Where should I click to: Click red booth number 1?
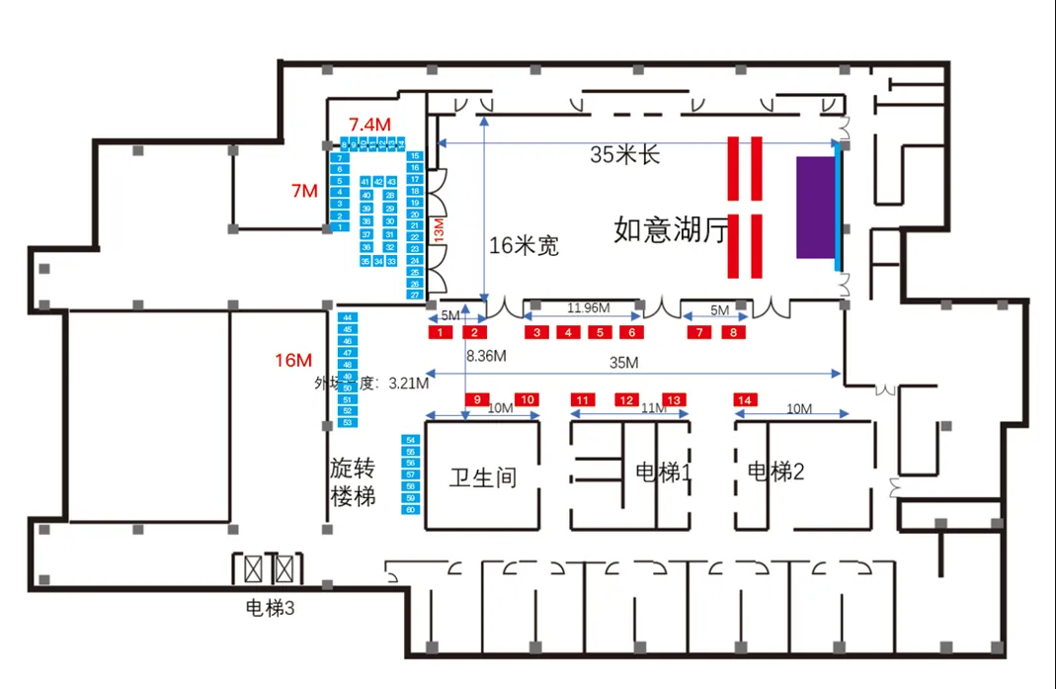pyautogui.click(x=437, y=333)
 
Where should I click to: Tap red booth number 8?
pyautogui.click(x=733, y=333)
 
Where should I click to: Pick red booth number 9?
pyautogui.click(x=477, y=399)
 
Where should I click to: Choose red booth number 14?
pyautogui.click(x=745, y=399)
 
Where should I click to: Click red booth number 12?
pyautogui.click(x=627, y=399)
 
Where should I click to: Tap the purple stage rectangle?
pyautogui.click(x=815, y=207)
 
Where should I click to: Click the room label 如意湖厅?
pyautogui.click(x=671, y=230)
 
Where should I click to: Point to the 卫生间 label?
pyautogui.click(x=483, y=477)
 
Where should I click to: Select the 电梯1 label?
pyautogui.click(x=663, y=473)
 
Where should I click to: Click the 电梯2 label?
pyautogui.click(x=775, y=473)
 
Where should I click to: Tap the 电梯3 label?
pyautogui.click(x=270, y=610)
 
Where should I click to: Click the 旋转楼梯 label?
pyautogui.click(x=353, y=481)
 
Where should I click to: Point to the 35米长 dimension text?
pyautogui.click(x=625, y=155)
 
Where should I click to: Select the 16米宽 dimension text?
pyautogui.click(x=525, y=246)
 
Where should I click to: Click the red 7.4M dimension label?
pyautogui.click(x=369, y=124)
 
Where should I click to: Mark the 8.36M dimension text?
pyautogui.click(x=487, y=355)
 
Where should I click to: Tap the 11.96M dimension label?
pyautogui.click(x=588, y=308)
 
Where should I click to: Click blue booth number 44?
pyautogui.click(x=347, y=317)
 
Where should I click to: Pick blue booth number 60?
pyautogui.click(x=410, y=509)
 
